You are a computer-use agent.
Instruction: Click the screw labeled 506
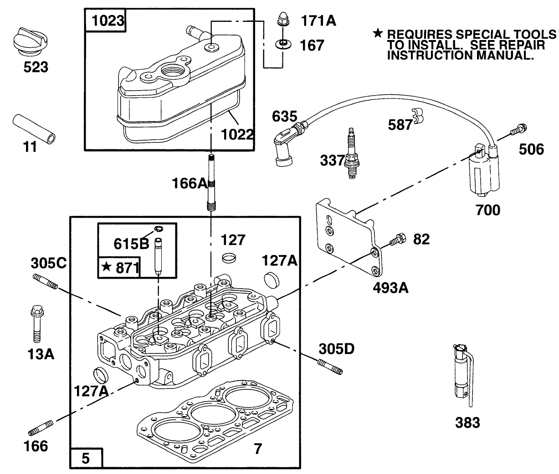tap(517, 130)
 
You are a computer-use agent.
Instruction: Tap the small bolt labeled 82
tap(397, 240)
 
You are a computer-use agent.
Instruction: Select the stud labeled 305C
tap(45, 282)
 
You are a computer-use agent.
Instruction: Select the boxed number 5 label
tap(86, 458)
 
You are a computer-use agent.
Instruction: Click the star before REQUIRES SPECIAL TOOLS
tap(377, 34)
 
